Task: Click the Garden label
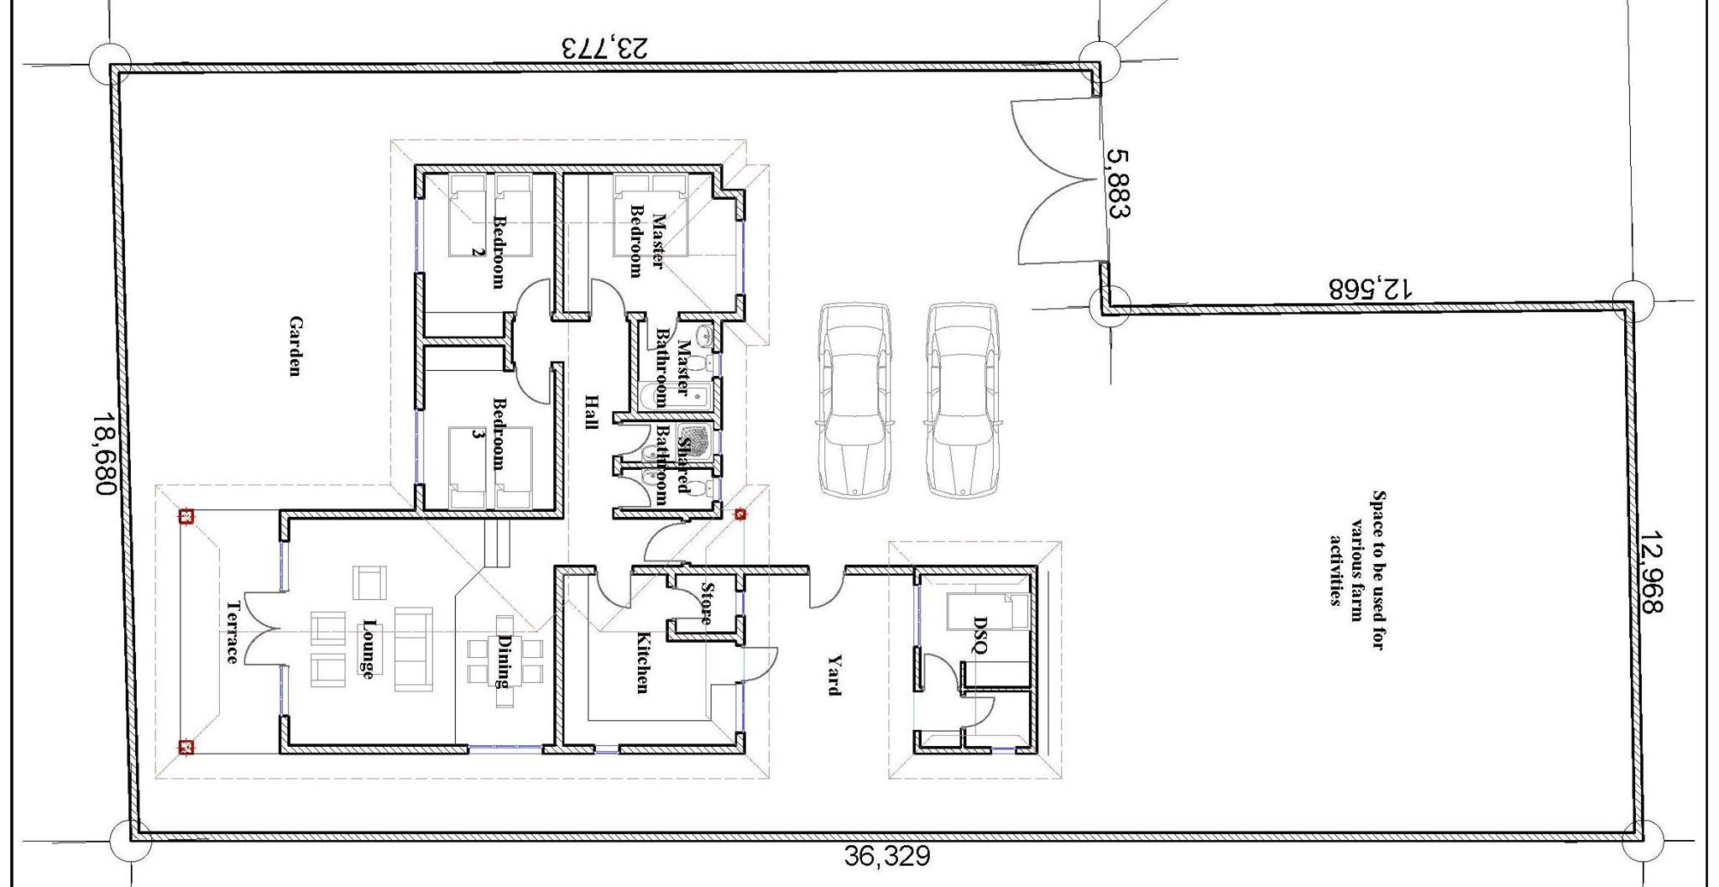(x=295, y=347)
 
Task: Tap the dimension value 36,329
(x=887, y=857)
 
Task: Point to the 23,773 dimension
(x=604, y=47)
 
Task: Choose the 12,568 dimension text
(x=1371, y=289)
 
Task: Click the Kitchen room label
(x=642, y=662)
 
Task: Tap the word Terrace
(x=233, y=632)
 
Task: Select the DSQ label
(x=980, y=634)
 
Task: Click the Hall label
(x=591, y=412)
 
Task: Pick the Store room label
(x=707, y=603)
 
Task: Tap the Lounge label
(x=368, y=649)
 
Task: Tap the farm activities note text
(x=1356, y=570)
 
